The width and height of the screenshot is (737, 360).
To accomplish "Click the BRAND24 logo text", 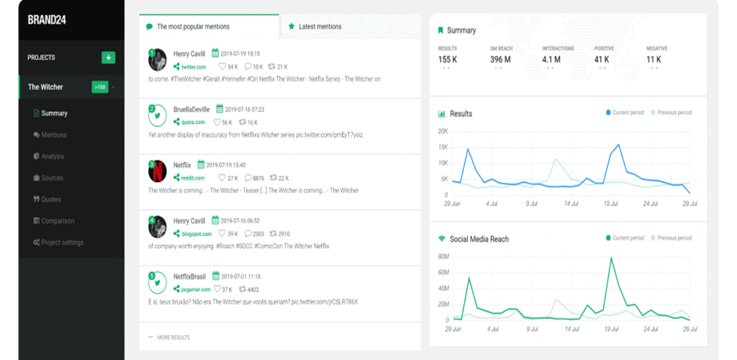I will [x=47, y=19].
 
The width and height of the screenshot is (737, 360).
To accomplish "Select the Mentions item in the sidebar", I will [x=53, y=135].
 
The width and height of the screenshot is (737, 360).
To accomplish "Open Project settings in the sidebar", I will [x=62, y=243].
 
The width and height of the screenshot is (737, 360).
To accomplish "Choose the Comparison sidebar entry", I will [x=58, y=221].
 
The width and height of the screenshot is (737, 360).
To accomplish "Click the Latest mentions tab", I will [x=320, y=27].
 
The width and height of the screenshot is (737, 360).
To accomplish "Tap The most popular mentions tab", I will [x=193, y=27].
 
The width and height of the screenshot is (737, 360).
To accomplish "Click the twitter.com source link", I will [x=193, y=67].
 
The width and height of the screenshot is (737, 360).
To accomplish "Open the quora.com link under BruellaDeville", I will [x=193, y=122].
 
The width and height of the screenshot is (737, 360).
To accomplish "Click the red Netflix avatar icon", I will [x=157, y=171].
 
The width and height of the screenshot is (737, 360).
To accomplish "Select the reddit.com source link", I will [x=193, y=178].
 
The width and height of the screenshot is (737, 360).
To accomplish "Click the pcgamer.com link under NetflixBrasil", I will [x=196, y=289].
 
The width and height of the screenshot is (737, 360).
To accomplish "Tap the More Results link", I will [x=173, y=337].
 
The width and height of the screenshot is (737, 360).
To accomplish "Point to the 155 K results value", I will [x=448, y=60].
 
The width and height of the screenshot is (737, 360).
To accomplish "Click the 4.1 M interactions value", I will [x=552, y=60].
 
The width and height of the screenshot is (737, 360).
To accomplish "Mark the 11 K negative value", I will [x=654, y=60].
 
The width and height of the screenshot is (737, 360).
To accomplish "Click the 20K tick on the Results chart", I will [x=443, y=132].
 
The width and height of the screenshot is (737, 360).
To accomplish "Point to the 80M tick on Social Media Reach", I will [x=443, y=256].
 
